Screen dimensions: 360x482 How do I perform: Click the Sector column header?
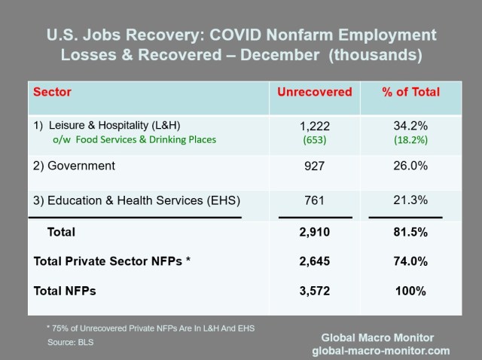tap(53, 93)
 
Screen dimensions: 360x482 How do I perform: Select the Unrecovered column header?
tap(315, 93)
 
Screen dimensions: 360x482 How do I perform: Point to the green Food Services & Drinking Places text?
tap(134, 139)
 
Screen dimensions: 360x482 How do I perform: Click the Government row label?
tap(75, 166)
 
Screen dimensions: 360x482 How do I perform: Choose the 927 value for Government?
tap(315, 166)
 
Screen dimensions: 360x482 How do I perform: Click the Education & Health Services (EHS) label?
tap(137, 200)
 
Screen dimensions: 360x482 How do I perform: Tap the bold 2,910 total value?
tap(315, 233)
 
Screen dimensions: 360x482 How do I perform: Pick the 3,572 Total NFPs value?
tap(315, 290)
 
